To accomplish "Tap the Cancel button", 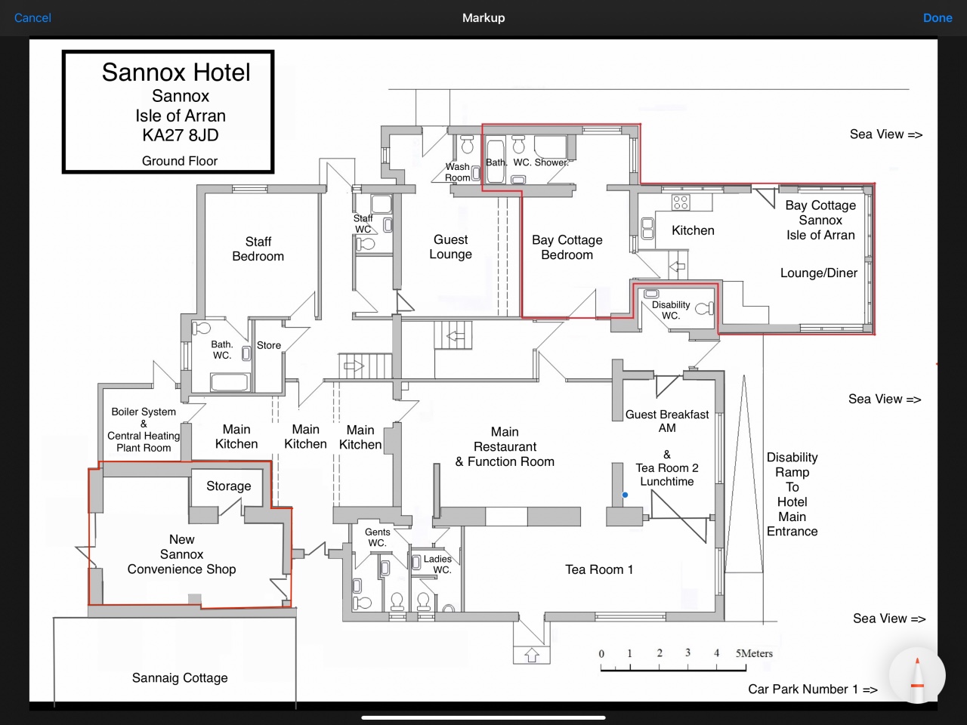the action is click(x=32, y=18).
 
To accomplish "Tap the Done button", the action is click(x=938, y=18).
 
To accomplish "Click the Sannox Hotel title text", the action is click(x=176, y=72).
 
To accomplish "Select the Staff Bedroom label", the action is click(x=258, y=248).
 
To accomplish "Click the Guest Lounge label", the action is click(x=451, y=246).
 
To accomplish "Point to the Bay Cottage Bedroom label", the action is click(x=567, y=247).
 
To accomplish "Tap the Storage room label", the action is click(x=229, y=486).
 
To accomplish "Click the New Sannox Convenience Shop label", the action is click(x=181, y=554).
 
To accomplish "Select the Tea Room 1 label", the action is click(x=599, y=569).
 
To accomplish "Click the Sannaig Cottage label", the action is click(x=180, y=678).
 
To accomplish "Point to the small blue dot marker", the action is click(x=625, y=495).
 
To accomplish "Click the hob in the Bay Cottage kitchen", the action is click(x=681, y=202).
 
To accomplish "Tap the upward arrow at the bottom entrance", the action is click(x=532, y=655).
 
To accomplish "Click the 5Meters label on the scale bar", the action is click(x=754, y=653).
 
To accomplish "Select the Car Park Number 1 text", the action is click(x=813, y=689).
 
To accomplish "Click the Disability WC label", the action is click(x=671, y=310).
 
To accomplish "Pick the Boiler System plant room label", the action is click(x=144, y=430).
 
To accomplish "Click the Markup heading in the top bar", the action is click(x=483, y=18).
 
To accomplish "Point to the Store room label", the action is click(x=269, y=345).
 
